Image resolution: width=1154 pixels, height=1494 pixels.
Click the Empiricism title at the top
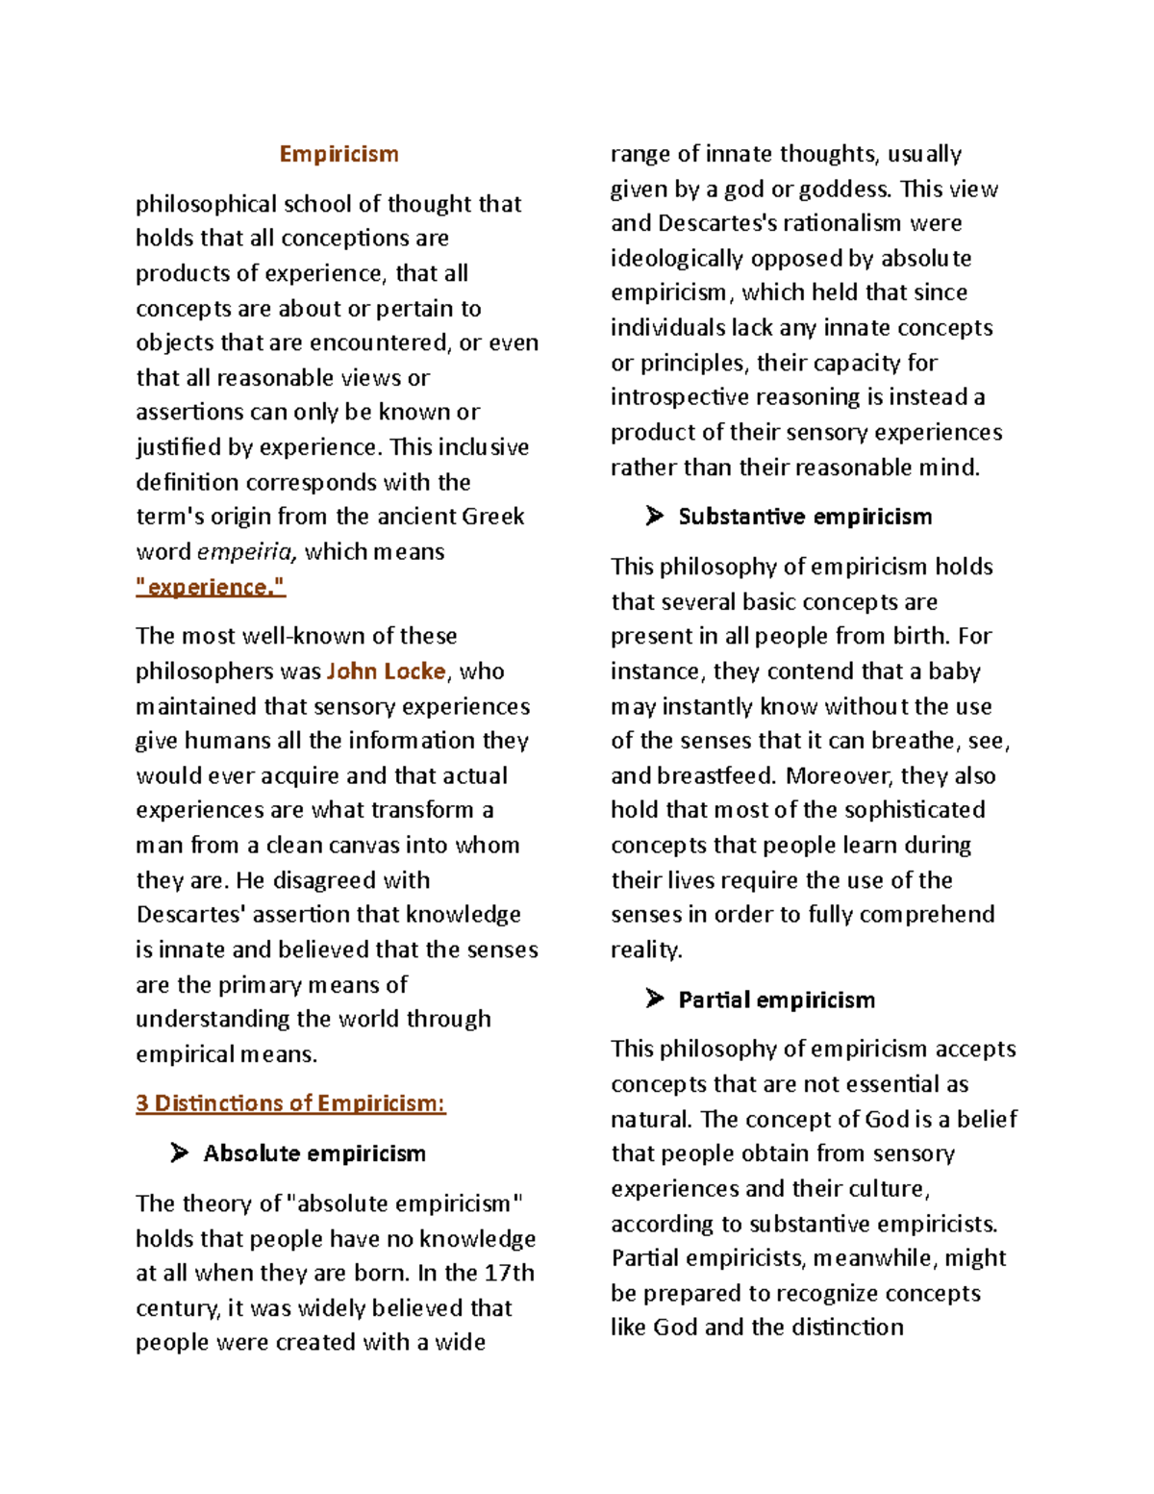coord(339,154)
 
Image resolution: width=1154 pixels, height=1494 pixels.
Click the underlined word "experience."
coord(211,587)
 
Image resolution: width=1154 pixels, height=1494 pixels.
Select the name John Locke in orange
coord(387,671)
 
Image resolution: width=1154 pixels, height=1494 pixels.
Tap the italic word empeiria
coord(245,552)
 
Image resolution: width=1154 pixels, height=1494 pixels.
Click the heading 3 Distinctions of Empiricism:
coord(290,1103)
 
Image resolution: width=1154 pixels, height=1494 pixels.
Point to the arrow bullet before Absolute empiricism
coord(179,1152)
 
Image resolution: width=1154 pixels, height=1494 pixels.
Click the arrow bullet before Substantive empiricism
coord(655,517)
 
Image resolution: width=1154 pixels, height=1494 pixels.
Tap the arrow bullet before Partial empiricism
coord(655,1000)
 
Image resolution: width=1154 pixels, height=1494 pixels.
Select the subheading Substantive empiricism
coord(805,517)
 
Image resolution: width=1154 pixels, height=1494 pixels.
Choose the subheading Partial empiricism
coord(776,1000)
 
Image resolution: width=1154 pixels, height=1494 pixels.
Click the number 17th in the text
coord(509,1273)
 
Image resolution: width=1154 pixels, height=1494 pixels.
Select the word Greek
coord(492,517)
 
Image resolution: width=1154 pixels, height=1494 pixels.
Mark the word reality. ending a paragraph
coord(646,950)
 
